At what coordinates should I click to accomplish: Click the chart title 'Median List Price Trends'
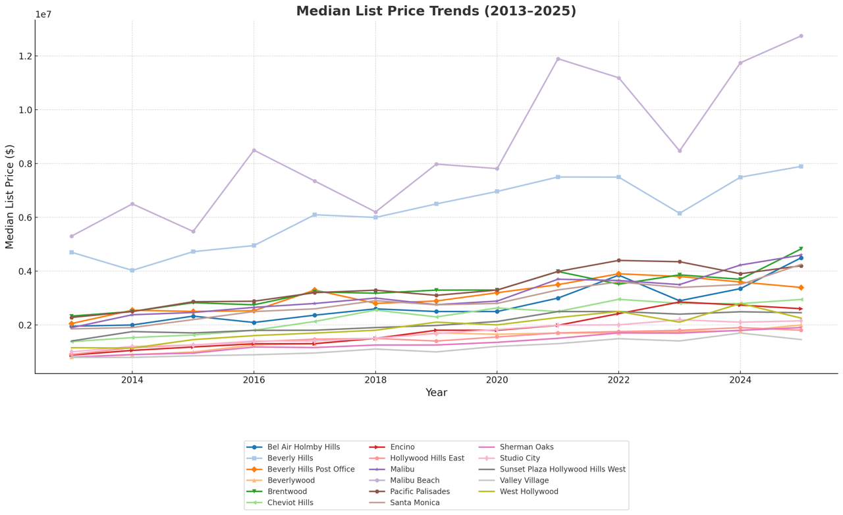coord(436,11)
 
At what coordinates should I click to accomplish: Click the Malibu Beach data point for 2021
coord(558,59)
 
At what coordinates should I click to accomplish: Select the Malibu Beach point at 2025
coord(801,36)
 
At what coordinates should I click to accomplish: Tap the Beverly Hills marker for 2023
coord(680,213)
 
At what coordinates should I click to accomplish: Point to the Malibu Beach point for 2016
coord(254,151)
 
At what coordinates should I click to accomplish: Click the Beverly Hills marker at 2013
coord(72,252)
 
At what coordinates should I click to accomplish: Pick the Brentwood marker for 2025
coord(801,249)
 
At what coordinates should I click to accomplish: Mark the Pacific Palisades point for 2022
coord(618,261)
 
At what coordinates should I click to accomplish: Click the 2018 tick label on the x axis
coord(375,381)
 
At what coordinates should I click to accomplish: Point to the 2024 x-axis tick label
coord(740,381)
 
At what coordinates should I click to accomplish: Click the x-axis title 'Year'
coord(436,393)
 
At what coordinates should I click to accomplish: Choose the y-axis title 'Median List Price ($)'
coord(10,196)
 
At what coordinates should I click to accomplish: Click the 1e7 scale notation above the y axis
coord(43,15)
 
